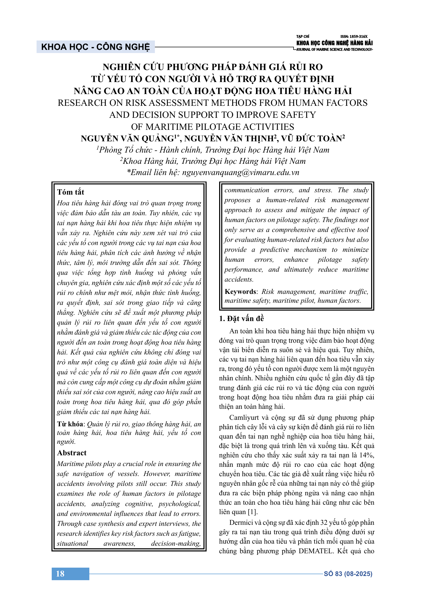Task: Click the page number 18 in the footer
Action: tap(60, 573)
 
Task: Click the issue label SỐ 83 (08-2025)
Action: tap(348, 574)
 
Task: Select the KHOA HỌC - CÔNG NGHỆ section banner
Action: tap(96, 47)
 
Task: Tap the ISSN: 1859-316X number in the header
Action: tap(354, 37)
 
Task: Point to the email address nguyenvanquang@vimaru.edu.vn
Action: tap(241, 172)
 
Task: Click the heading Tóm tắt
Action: tap(71, 192)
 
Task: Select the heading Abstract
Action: tap(72, 453)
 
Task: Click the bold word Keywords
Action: tap(240, 292)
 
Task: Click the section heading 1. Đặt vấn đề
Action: tap(241, 318)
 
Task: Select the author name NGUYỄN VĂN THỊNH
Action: tap(229, 139)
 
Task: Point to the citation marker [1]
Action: tap(253, 512)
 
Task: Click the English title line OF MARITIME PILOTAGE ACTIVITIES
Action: tap(213, 127)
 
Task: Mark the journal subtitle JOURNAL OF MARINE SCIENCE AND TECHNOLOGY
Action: tap(334, 49)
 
